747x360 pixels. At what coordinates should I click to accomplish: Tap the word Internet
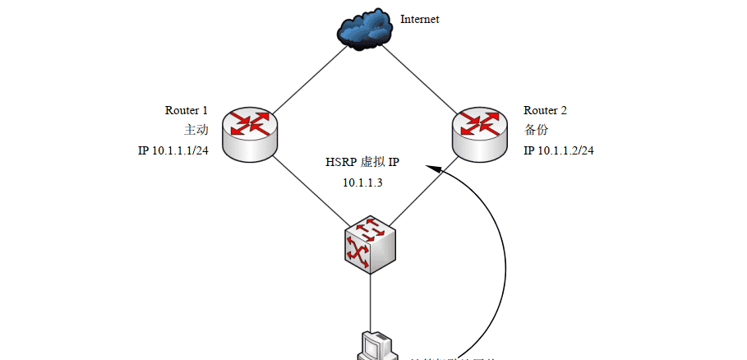click(x=420, y=18)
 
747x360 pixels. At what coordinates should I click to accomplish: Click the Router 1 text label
click(x=187, y=110)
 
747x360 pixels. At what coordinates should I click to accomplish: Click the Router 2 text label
click(x=546, y=110)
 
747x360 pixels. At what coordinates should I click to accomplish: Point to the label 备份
click(x=536, y=130)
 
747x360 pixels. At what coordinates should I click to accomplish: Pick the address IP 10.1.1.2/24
click(x=560, y=150)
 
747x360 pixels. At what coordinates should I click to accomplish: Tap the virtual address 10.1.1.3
click(x=362, y=182)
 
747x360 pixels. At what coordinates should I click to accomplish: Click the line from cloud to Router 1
click(x=307, y=79)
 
